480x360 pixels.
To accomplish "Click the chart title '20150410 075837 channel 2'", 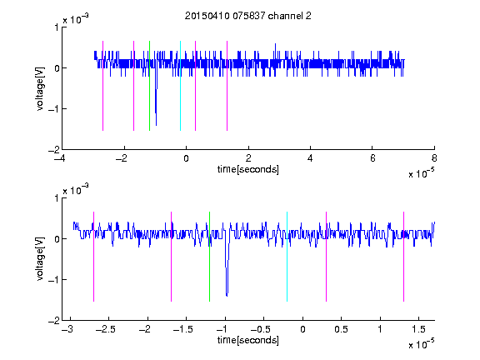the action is pos(248,16).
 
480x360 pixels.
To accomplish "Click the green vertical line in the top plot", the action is pos(149,86).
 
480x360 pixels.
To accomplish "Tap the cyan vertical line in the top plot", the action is pos(180,86).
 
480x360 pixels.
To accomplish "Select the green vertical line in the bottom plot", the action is pos(209,257).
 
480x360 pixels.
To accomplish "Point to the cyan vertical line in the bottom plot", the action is pos(287,257).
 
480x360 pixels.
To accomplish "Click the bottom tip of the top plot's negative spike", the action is pos(156,125).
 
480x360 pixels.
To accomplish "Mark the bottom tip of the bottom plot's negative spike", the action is pos(227,296).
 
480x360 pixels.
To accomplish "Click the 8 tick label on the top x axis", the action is pos(434,158).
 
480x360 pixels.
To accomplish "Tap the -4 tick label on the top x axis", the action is pos(59,158).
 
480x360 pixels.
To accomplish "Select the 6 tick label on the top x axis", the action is pos(372,158).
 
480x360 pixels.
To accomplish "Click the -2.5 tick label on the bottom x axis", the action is pos(106,329).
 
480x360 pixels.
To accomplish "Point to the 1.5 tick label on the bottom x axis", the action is pos(418,329).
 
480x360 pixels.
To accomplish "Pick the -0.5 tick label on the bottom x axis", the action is pos(261,329).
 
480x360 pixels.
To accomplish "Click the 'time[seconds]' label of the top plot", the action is pos(248,169).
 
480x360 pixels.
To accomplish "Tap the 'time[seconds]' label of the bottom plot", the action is pos(248,340).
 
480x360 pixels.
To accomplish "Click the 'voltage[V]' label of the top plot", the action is pos(40,88).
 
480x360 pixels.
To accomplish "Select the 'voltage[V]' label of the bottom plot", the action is pos(40,259).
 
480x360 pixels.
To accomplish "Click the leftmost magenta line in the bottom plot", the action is pos(93,257).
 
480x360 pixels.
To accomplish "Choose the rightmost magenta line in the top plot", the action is pos(227,86).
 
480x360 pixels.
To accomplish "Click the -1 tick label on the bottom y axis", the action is pos(53,279).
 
